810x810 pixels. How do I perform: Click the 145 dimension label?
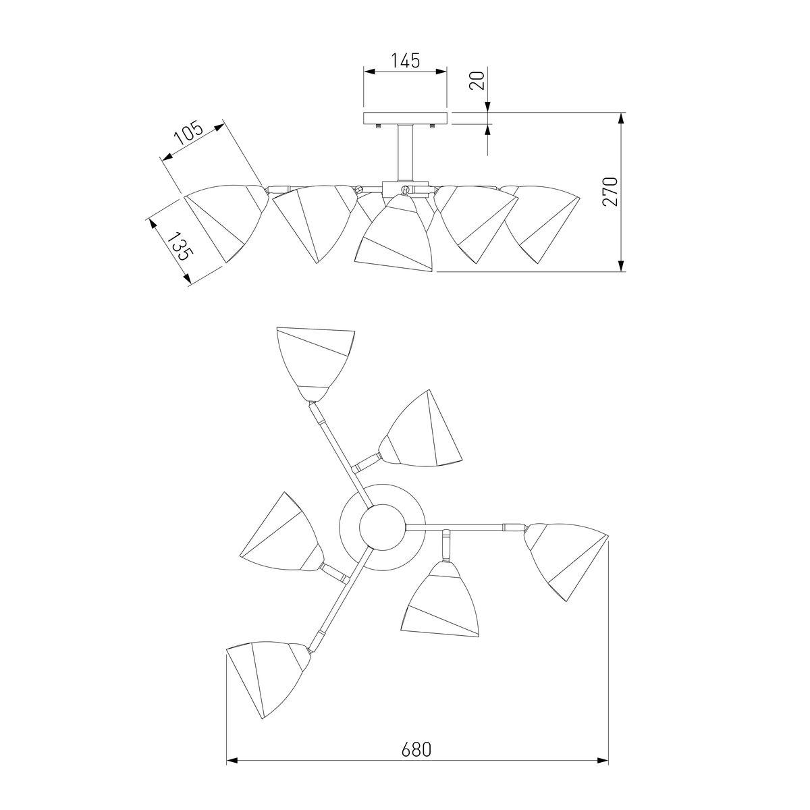click(406, 61)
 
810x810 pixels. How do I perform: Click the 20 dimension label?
click(477, 80)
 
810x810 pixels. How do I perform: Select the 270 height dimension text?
click(610, 191)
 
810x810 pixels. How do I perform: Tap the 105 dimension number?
click(189, 133)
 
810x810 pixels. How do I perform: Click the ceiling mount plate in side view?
click(405, 119)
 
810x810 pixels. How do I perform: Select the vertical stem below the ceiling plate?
click(405, 153)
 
